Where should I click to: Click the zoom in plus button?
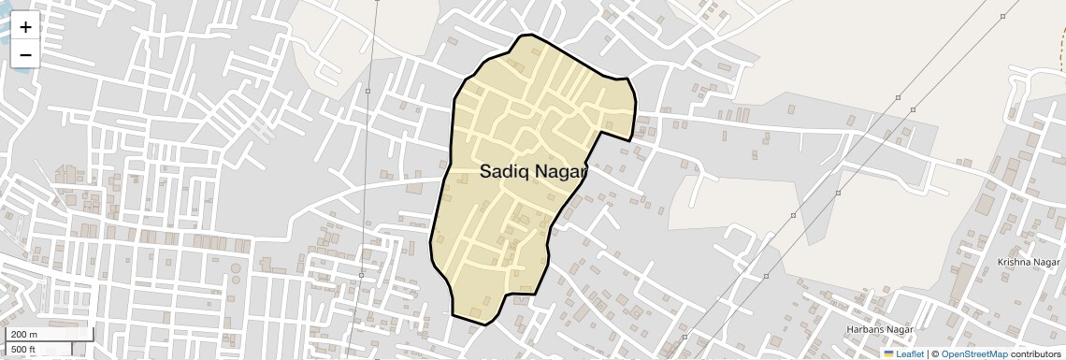[25, 27]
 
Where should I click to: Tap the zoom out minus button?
[25, 55]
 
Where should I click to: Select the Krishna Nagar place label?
[1028, 263]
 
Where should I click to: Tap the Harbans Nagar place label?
[878, 329]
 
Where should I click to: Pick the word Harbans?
[865, 329]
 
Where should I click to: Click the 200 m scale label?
[24, 335]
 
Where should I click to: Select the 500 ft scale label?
[23, 350]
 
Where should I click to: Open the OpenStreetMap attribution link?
[973, 354]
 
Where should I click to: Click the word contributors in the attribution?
[1036, 354]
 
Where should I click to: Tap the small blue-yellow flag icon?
[888, 354]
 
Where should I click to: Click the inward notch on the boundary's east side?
[599, 133]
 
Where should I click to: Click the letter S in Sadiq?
[486, 172]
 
